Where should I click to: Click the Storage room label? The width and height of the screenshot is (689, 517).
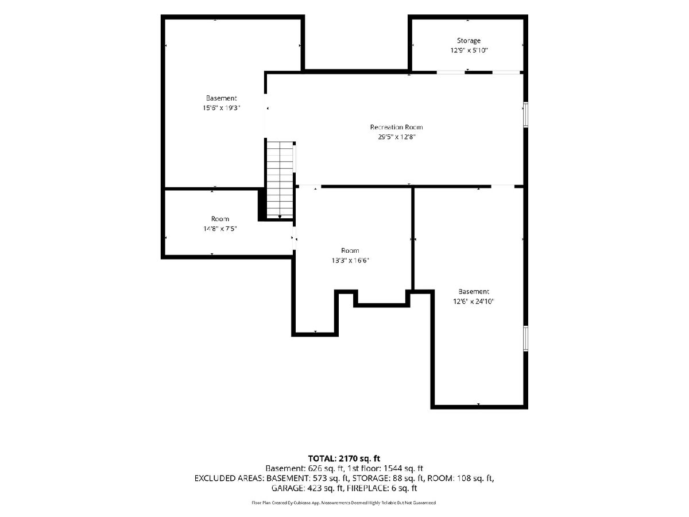click(x=469, y=41)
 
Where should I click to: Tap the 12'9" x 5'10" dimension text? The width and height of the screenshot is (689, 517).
click(x=469, y=50)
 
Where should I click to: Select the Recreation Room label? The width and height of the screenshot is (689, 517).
click(x=396, y=127)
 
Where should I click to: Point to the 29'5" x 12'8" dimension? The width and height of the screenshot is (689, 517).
click(x=396, y=137)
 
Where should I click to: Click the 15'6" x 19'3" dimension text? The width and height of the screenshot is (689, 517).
click(x=221, y=108)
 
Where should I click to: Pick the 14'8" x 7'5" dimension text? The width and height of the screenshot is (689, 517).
click(x=220, y=229)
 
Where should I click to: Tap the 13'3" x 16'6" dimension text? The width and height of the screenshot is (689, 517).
click(x=350, y=260)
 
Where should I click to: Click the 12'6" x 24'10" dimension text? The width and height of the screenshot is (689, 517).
click(x=473, y=302)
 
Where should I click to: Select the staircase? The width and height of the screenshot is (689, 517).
click(x=280, y=179)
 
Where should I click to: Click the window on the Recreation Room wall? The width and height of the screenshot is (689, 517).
click(x=526, y=114)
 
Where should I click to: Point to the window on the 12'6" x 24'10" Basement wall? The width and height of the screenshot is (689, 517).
click(x=526, y=338)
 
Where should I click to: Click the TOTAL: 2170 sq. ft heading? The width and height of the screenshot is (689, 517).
click(x=344, y=458)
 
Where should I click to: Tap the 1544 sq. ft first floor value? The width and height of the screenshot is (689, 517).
click(x=402, y=469)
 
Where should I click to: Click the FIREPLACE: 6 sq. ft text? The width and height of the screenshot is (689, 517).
click(x=381, y=488)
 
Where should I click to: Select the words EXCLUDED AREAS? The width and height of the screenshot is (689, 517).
click(x=229, y=479)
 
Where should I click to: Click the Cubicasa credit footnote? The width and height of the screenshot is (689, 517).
click(x=344, y=503)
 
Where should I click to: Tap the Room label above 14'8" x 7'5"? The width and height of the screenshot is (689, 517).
click(x=220, y=219)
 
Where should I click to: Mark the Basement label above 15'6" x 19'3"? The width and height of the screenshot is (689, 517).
click(x=221, y=98)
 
